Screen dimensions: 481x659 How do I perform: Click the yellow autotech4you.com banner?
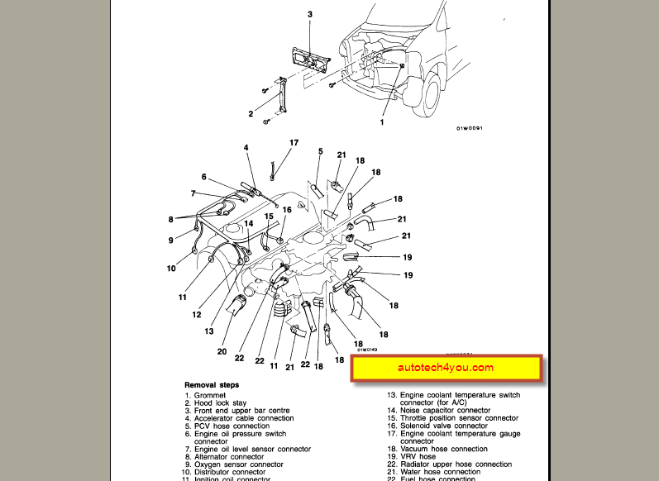click(x=446, y=369)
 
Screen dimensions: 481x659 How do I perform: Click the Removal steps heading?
click(x=212, y=385)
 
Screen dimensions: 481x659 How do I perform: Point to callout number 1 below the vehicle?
click(x=382, y=122)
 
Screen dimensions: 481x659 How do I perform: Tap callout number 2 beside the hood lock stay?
click(x=251, y=113)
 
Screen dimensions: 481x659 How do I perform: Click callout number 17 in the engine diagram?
click(x=294, y=143)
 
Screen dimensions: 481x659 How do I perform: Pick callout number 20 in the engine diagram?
click(x=222, y=350)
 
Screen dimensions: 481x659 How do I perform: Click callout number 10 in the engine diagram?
click(x=171, y=268)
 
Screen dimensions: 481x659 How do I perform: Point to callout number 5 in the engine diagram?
click(x=320, y=151)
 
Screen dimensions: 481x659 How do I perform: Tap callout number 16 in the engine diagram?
click(x=287, y=210)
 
